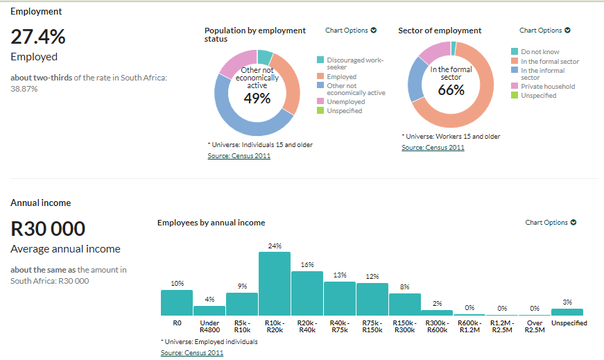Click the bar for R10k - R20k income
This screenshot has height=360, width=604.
274,284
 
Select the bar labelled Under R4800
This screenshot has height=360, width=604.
209,311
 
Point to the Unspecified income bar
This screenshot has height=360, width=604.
567,312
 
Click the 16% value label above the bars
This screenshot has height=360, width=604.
307,265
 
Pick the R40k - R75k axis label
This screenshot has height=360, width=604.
339,327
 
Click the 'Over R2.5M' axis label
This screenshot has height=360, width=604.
534,327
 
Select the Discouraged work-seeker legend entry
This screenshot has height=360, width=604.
354,63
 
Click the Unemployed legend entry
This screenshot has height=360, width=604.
345,101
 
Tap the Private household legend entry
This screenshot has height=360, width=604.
547,87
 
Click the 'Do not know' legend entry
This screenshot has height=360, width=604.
540,52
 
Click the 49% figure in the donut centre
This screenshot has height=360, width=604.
257,98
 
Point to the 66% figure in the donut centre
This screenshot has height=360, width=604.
451,89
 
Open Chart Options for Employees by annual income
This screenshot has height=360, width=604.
551,223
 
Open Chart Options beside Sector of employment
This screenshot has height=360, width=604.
544,31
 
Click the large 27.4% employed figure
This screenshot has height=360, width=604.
38,37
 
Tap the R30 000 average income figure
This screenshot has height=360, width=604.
48,228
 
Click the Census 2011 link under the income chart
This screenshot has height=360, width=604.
192,353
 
